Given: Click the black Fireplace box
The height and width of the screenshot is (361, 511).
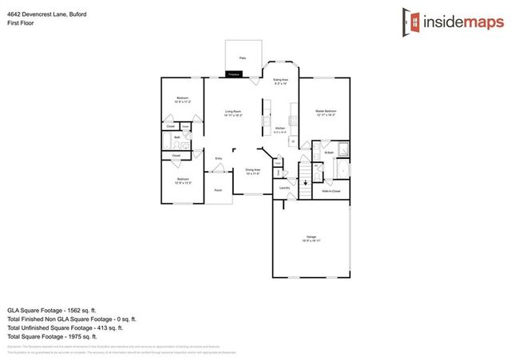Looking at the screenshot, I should coord(233,74).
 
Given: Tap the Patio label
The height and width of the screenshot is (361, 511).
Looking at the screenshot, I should coord(242,58).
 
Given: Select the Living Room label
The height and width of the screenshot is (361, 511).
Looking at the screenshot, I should coord(233,112).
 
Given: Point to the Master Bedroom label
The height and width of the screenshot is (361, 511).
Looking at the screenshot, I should coord(325,112).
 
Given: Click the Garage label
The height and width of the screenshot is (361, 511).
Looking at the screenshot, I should coord(311,238).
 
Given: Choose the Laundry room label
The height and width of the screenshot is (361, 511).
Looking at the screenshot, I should coord(283,188).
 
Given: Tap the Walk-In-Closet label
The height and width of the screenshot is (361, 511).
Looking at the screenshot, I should coord(331,192).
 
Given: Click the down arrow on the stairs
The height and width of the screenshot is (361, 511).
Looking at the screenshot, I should coord(303,183).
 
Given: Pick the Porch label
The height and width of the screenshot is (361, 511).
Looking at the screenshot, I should coord(218,190).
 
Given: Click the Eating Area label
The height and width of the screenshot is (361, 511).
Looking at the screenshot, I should coord(280,81).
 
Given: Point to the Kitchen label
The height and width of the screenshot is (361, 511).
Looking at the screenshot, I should coord(280,129).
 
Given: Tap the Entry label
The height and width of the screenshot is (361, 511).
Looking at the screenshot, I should coord(218,159).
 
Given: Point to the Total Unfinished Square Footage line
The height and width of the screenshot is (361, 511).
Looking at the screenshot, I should coord(64,327).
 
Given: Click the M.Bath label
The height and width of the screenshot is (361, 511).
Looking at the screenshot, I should coord(328,152).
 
